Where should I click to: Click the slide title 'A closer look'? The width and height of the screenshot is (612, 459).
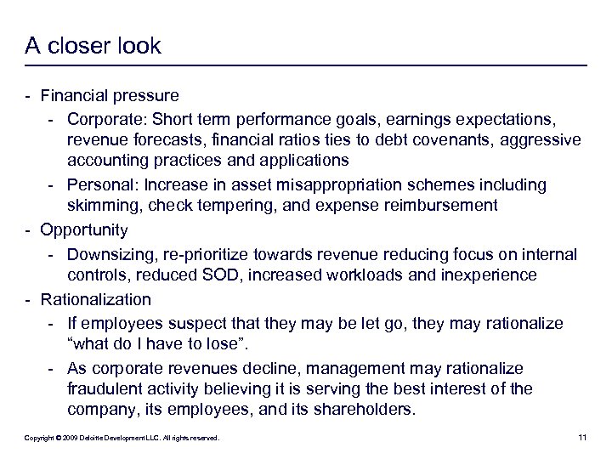click(93, 46)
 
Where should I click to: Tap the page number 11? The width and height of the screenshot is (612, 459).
click(582, 438)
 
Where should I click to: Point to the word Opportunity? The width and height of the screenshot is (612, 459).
click(83, 230)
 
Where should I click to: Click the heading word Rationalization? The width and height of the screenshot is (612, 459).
click(94, 299)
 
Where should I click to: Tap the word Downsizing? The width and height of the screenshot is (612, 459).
click(107, 253)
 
